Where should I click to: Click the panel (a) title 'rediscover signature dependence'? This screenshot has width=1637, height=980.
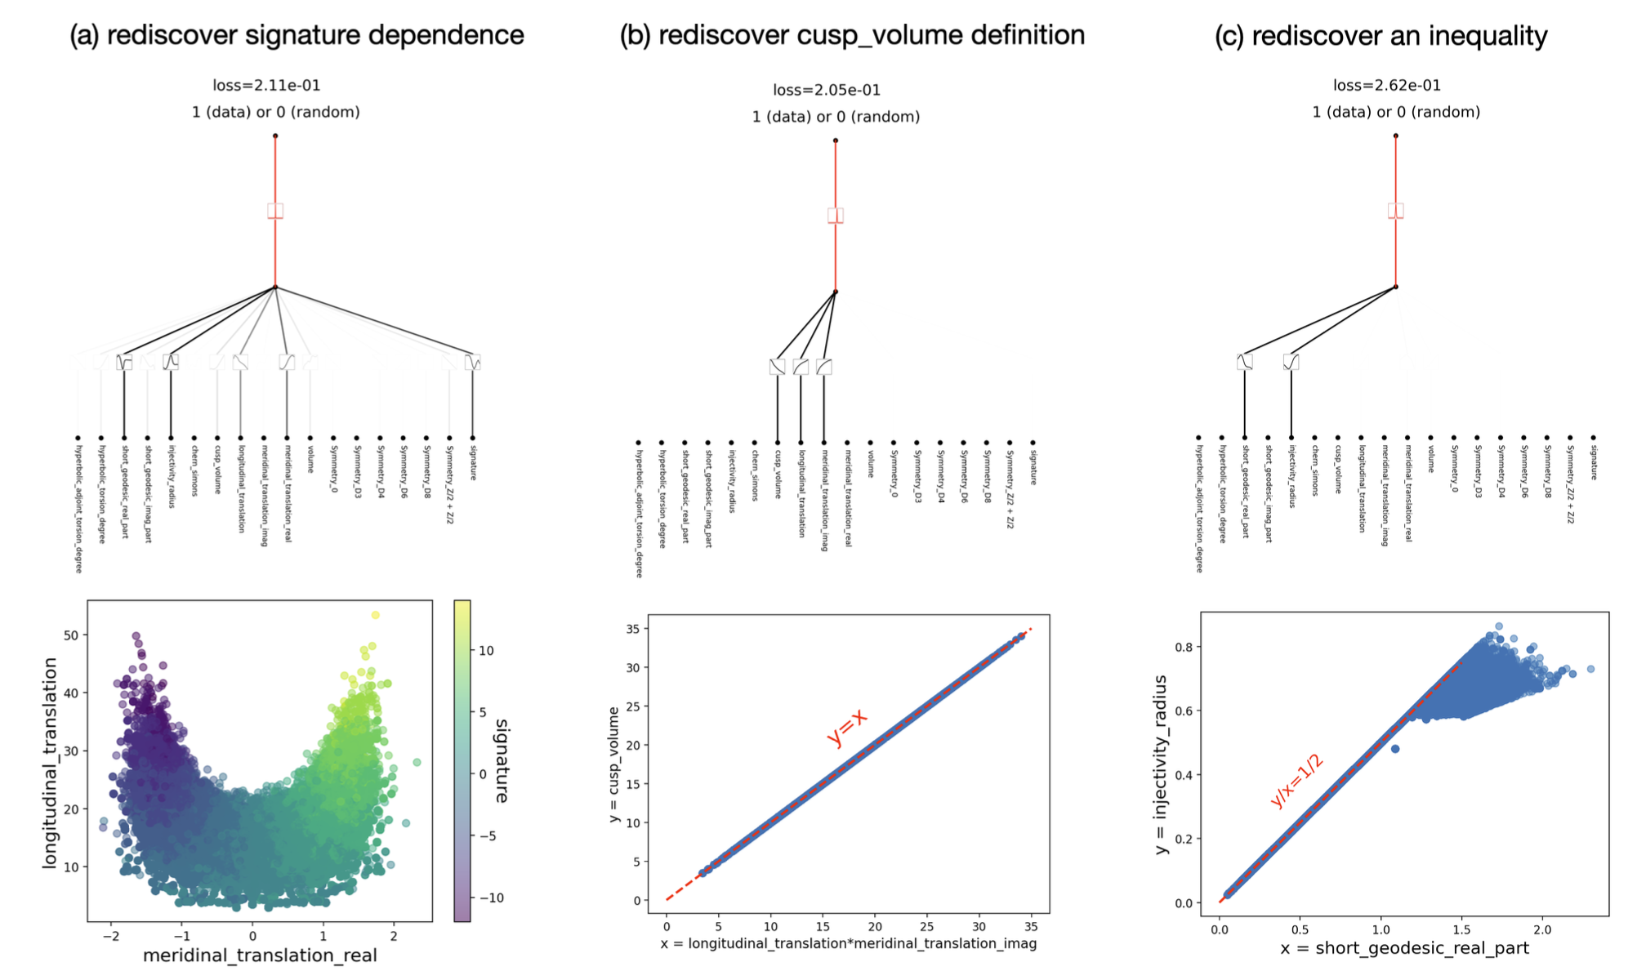pyautogui.click(x=297, y=35)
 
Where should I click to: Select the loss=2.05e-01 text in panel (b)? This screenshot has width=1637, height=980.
pyautogui.click(x=827, y=90)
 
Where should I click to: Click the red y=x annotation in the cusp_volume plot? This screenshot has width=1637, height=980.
pyautogui.click(x=846, y=727)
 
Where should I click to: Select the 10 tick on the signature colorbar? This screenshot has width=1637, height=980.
pyautogui.click(x=486, y=651)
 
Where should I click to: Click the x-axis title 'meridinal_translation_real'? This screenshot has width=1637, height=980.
pyautogui.click(x=260, y=955)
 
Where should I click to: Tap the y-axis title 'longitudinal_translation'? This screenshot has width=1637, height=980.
pyautogui.click(x=50, y=763)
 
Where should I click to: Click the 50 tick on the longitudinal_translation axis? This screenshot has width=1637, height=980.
pyautogui.click(x=71, y=635)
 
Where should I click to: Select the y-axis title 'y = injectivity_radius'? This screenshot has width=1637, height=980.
pyautogui.click(x=1161, y=765)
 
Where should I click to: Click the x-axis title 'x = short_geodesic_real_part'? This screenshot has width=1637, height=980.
pyautogui.click(x=1404, y=948)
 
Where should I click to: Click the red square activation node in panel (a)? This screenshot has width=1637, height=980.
pyautogui.click(x=275, y=211)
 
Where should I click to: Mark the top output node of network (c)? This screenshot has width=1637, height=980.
pyautogui.click(x=1395, y=136)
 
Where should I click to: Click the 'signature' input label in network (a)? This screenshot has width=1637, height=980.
pyautogui.click(x=473, y=462)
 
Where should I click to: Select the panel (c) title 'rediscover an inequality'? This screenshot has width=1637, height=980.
pyautogui.click(x=1381, y=36)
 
